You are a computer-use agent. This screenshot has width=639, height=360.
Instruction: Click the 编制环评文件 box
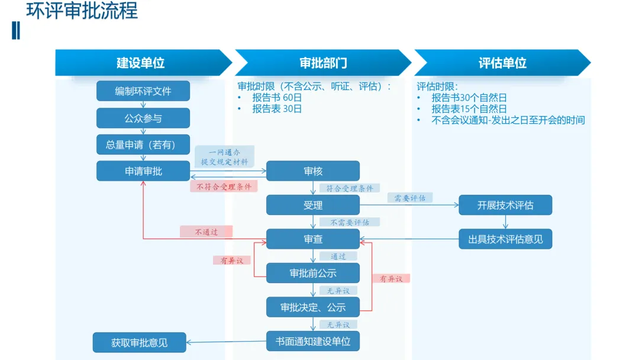(143, 91)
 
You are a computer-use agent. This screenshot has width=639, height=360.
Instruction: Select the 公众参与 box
(143, 118)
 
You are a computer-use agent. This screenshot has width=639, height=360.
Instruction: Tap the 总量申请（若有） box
(143, 144)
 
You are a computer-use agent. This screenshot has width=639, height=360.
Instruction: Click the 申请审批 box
(143, 171)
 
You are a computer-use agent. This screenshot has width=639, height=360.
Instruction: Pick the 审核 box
(313, 171)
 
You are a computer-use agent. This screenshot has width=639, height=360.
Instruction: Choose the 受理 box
(313, 205)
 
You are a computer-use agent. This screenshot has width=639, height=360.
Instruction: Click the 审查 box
(313, 239)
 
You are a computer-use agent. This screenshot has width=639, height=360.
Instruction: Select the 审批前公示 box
(313, 273)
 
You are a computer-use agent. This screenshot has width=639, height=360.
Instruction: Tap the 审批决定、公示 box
(313, 307)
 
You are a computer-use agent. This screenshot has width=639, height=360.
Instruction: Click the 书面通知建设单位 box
(313, 341)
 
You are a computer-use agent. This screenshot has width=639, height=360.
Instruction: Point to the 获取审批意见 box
(140, 342)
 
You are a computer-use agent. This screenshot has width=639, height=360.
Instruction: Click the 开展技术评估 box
(505, 205)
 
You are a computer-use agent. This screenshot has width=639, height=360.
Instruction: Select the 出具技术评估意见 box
(505, 239)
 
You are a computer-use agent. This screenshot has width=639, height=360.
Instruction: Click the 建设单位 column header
(141, 63)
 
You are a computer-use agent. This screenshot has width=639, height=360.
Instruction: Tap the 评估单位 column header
(502, 63)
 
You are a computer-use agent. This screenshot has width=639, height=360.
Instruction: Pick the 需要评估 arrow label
(410, 198)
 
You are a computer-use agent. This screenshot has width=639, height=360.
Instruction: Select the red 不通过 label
(206, 232)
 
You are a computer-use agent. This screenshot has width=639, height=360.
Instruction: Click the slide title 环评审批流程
(82, 11)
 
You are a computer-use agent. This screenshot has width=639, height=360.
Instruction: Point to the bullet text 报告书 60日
(277, 98)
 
